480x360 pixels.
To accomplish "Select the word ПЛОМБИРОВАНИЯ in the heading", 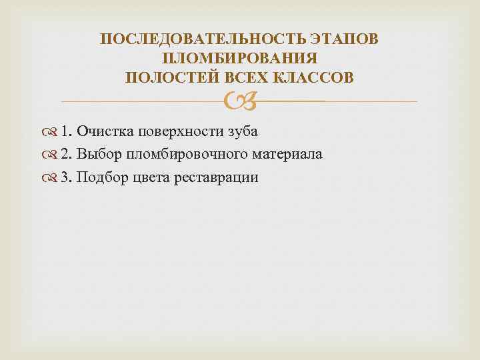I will (239, 59).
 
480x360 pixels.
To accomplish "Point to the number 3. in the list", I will (67, 178).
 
